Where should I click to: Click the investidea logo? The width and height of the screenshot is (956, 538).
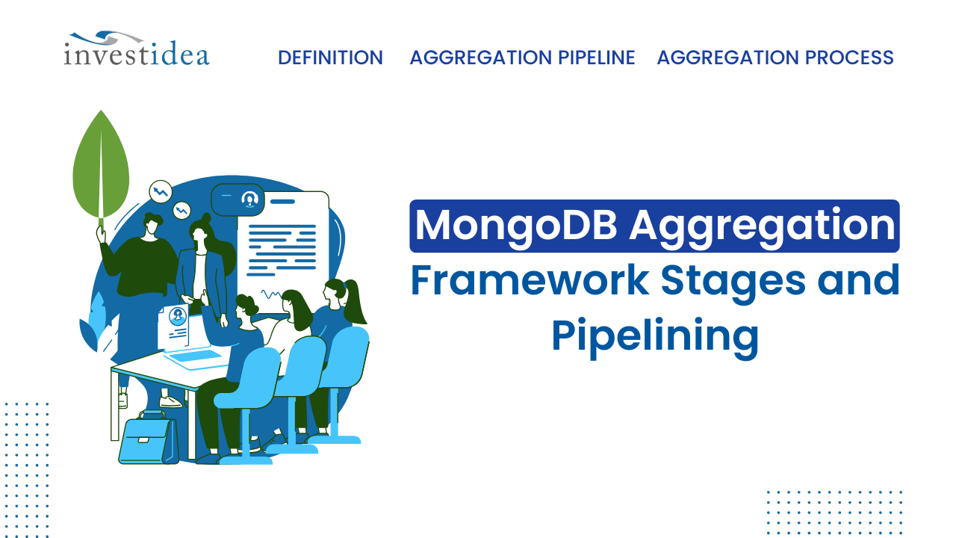tap(136, 49)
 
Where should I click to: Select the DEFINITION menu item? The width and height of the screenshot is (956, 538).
tap(330, 58)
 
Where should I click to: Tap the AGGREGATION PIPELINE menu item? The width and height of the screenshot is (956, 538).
tap(522, 58)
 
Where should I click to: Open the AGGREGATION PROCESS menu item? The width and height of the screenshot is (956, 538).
tap(775, 58)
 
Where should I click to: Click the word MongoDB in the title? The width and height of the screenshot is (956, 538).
tap(515, 226)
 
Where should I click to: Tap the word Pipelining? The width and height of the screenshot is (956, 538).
tap(654, 336)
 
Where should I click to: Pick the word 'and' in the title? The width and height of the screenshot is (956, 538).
tap(857, 280)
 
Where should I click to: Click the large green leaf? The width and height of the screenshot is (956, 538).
tap(101, 166)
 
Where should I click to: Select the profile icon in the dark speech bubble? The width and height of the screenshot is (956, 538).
tap(249, 199)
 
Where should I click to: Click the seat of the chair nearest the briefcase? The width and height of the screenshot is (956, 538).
tap(239, 399)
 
